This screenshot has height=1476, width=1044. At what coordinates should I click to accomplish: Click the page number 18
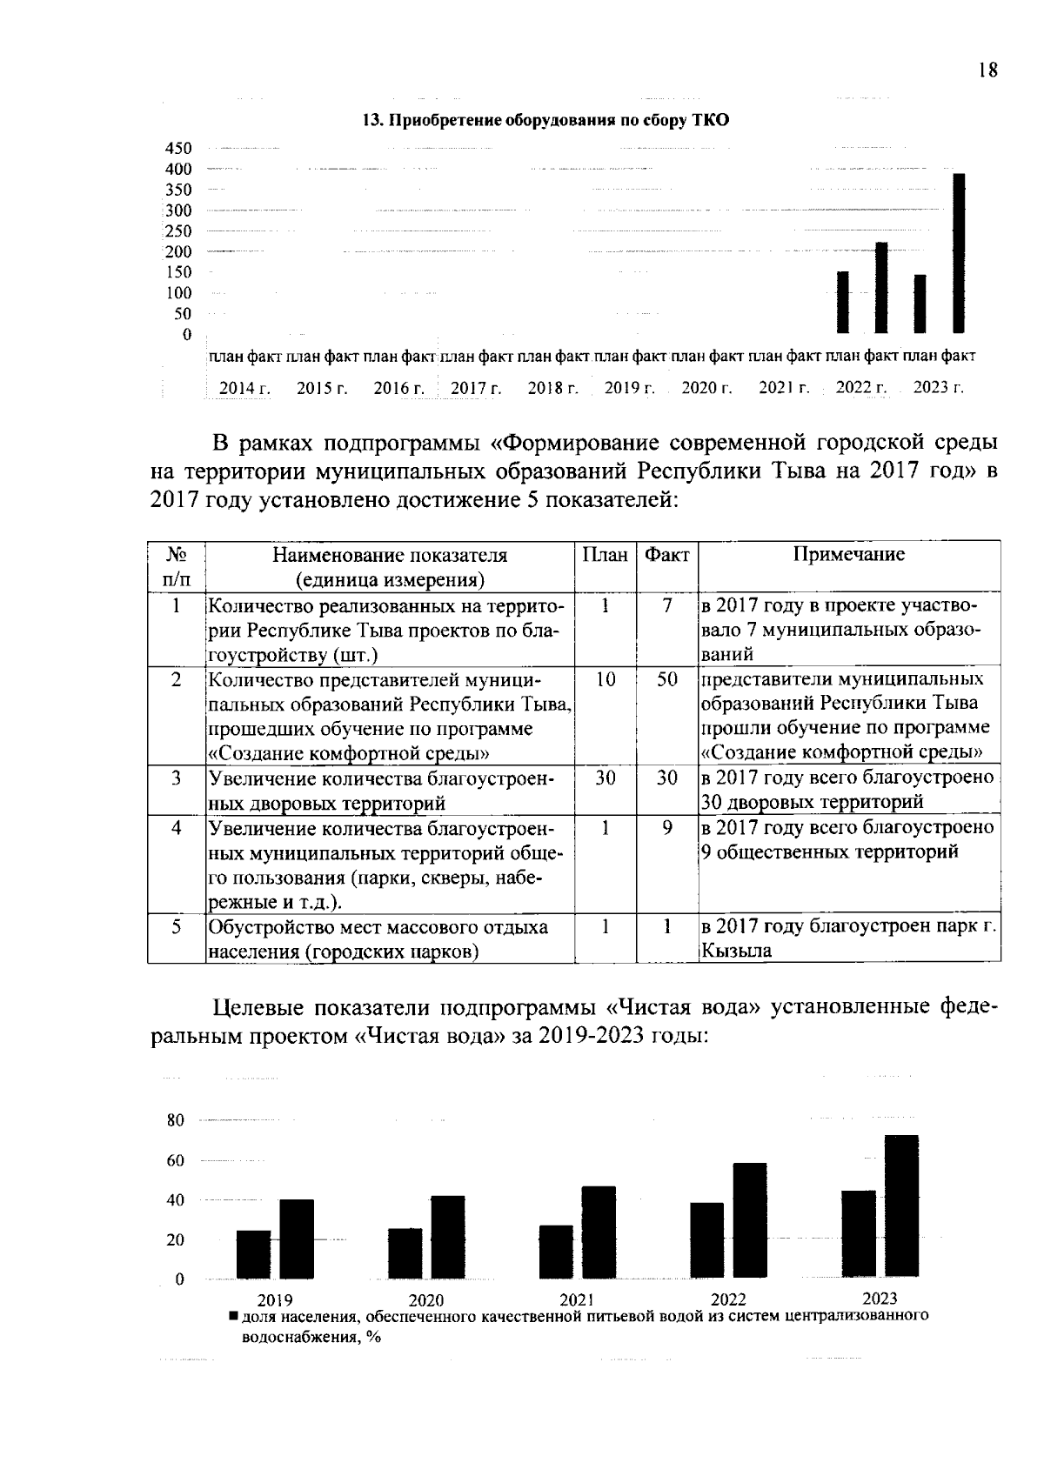pos(987,71)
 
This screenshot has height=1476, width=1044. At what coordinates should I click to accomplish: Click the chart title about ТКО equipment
pos(545,121)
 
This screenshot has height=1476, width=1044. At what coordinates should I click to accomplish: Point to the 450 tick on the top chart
pos(178,148)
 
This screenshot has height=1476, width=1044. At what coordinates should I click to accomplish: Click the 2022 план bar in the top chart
pos(842,302)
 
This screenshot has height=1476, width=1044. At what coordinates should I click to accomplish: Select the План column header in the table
pos(605,555)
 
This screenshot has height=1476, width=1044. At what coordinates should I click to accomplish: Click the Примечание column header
pos(848,555)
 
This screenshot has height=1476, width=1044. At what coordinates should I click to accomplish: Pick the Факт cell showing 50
pos(666,679)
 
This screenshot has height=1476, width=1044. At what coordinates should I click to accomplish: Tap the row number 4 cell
pos(176,828)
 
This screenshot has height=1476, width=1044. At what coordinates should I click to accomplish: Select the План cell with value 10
pos(605,679)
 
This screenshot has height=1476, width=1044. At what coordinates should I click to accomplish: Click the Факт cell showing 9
pos(666,828)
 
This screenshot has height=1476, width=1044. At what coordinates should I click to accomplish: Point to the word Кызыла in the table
pos(736,951)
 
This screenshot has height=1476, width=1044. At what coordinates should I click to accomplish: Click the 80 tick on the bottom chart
pos(176,1120)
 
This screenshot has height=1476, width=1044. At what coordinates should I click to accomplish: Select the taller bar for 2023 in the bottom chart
pos(901,1207)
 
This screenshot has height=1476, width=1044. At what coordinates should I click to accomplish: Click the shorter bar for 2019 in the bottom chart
pos(253,1254)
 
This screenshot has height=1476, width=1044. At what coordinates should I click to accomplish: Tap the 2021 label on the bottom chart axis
pos(577,1300)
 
